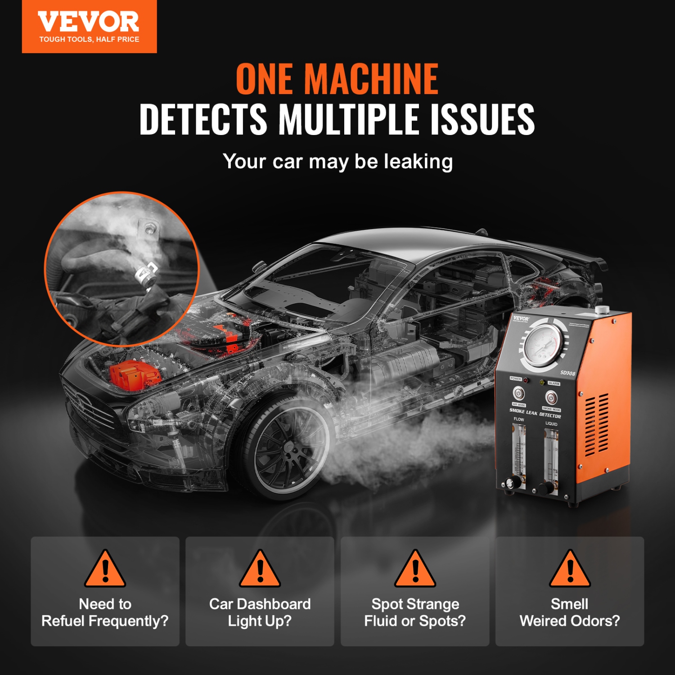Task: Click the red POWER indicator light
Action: point(526,381)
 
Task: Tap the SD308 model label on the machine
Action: point(567,373)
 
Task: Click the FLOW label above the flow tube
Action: point(519,419)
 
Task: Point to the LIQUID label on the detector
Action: point(551,424)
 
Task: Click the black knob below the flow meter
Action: point(510,484)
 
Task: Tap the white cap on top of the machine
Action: point(601,310)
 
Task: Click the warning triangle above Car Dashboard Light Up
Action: point(260,570)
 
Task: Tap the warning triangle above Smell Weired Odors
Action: point(570,570)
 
